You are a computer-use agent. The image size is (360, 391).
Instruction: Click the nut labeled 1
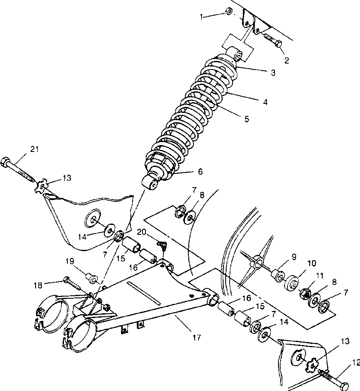tap(229, 12)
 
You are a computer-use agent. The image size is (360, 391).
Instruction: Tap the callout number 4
tap(265, 102)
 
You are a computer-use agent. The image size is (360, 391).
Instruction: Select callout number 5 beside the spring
tap(246, 119)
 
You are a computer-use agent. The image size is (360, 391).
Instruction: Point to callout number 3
tap(273, 73)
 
